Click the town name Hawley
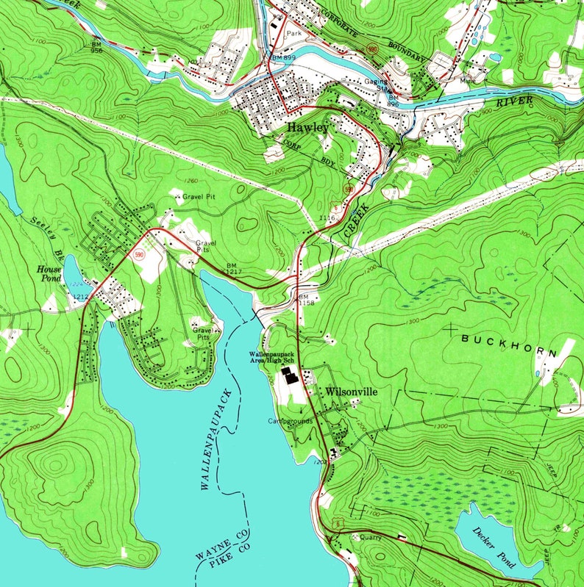point(307,128)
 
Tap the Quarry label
point(370,537)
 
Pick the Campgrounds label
point(291,422)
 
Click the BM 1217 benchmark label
point(233,268)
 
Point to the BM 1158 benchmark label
point(305,300)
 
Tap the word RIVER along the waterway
point(516,101)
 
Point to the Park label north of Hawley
point(295,34)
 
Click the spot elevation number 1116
point(328,218)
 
